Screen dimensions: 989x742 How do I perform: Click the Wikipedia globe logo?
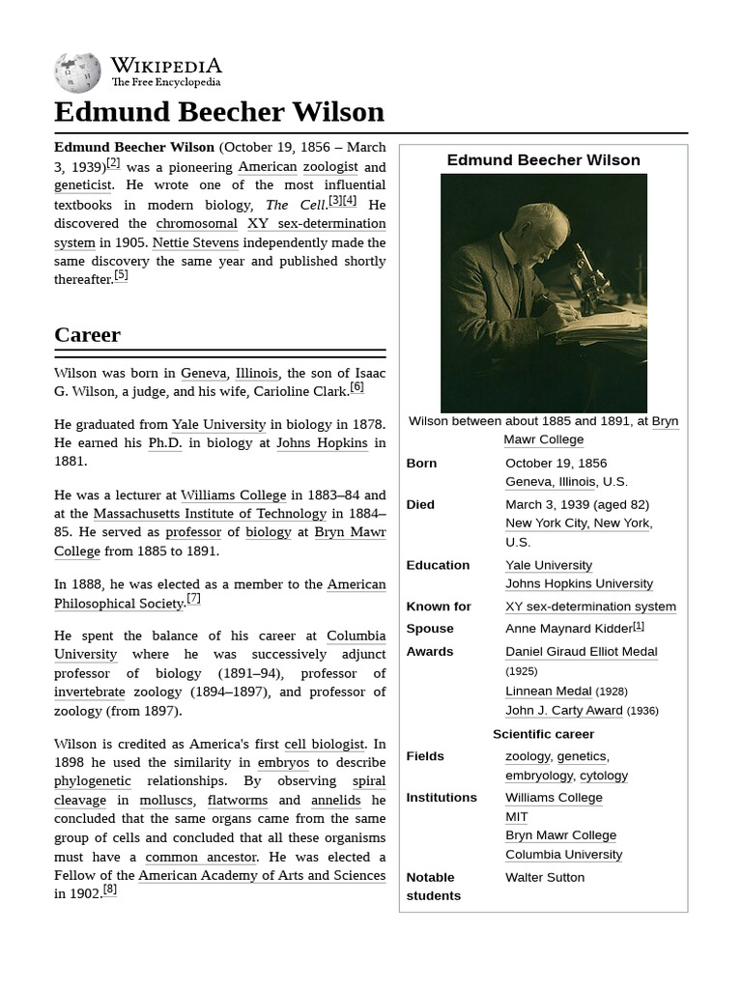click(x=77, y=72)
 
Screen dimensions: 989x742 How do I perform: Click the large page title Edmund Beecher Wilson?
click(x=219, y=112)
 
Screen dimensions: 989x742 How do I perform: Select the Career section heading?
click(x=87, y=335)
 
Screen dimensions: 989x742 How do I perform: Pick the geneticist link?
click(x=83, y=185)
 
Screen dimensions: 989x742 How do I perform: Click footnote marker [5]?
click(x=121, y=275)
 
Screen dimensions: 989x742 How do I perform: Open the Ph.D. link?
click(x=164, y=443)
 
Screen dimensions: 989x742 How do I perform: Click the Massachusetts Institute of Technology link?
click(x=210, y=514)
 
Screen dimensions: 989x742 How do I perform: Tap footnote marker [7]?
click(x=193, y=599)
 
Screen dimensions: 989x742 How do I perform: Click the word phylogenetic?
click(x=93, y=781)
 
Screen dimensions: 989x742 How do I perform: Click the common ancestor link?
click(x=201, y=857)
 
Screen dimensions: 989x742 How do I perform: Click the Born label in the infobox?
click(x=421, y=464)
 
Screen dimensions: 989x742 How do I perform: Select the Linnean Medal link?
click(x=548, y=692)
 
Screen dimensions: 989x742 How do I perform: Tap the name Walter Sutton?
click(x=544, y=878)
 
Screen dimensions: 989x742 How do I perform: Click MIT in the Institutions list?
click(x=517, y=817)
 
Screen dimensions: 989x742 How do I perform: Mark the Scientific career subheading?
click(x=543, y=734)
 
